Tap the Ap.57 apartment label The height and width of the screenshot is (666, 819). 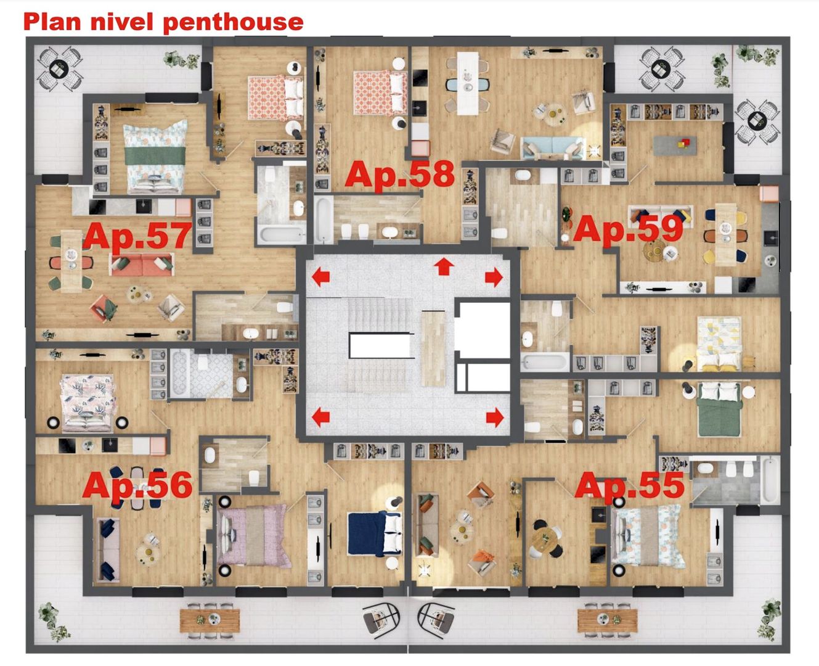pos(137,236)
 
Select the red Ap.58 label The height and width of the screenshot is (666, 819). pos(399,175)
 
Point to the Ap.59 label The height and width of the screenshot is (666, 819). pos(628,229)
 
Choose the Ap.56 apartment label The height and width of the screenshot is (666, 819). pos(137,485)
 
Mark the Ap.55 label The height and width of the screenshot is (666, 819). pos(629,485)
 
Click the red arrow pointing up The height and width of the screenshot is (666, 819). pos(444,267)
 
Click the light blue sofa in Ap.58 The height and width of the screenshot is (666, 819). pos(552,148)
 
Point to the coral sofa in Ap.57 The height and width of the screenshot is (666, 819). pos(141,265)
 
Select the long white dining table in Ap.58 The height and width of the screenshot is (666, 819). pos(467,83)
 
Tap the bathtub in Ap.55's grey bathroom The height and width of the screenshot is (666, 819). pos(770,480)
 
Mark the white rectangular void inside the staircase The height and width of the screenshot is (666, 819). pos(380,345)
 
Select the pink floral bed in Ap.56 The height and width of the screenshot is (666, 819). pos(87,401)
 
